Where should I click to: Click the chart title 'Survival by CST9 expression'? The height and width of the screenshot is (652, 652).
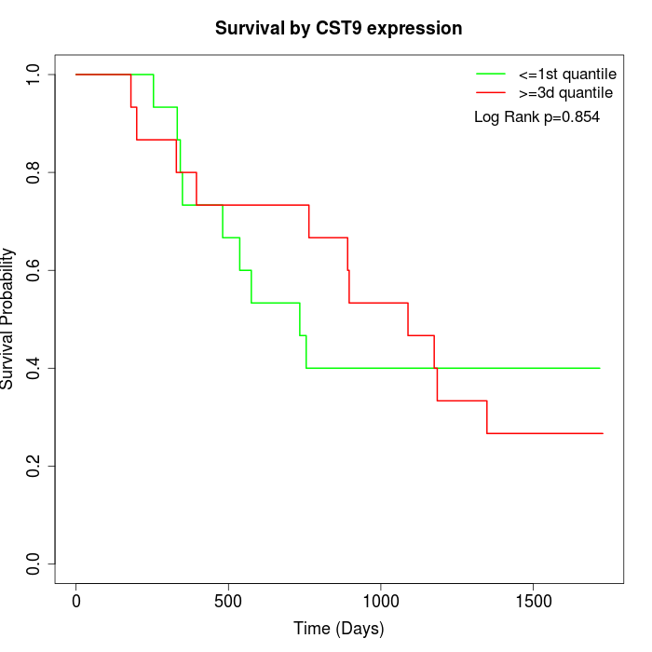click(x=338, y=29)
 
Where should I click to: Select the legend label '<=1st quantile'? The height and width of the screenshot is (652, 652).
click(x=566, y=74)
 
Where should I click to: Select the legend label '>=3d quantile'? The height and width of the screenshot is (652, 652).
click(x=565, y=93)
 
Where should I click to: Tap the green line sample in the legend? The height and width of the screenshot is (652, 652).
click(x=491, y=74)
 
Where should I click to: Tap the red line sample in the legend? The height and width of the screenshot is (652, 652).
click(x=491, y=93)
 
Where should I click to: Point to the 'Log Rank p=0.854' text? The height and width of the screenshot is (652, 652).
click(x=537, y=117)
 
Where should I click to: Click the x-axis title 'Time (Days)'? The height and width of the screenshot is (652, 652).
click(x=338, y=629)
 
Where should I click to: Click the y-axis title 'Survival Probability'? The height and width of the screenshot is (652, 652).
click(x=8, y=319)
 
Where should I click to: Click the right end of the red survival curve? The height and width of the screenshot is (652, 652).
click(x=603, y=433)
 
